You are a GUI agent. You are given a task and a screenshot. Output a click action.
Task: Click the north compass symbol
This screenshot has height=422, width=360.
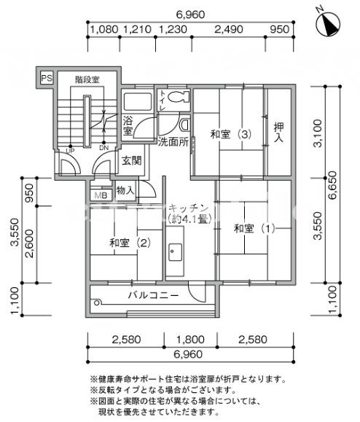(x=327, y=23)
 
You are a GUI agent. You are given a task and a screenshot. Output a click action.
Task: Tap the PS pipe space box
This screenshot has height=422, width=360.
(x=47, y=78)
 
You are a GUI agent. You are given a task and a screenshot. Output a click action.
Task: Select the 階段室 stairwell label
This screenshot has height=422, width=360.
(x=87, y=79)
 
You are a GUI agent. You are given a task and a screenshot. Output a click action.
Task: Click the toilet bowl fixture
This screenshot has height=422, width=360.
(x=179, y=97)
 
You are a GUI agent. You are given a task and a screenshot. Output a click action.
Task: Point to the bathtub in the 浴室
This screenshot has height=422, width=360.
(x=138, y=101)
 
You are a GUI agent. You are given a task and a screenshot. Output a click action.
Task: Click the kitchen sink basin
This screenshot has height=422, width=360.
(x=175, y=252)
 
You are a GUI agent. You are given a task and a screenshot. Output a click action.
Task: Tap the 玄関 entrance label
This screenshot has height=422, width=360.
(x=132, y=160)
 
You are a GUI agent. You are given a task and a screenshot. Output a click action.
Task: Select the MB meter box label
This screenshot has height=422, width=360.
(x=101, y=195)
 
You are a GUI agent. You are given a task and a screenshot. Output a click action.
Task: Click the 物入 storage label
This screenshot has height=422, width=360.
(x=125, y=190)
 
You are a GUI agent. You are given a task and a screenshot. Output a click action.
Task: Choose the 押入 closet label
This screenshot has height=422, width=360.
(x=278, y=132)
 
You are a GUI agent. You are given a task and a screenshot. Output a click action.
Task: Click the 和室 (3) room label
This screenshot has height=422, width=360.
(x=231, y=134)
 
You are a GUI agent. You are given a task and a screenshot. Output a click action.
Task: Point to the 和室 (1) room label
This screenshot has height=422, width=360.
(x=254, y=229)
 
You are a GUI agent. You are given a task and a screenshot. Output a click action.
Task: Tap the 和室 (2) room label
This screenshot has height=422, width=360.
(x=130, y=243)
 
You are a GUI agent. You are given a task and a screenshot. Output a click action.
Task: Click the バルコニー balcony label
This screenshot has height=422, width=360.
(x=153, y=295)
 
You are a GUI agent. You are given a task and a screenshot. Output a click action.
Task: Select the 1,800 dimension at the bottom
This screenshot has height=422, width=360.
(x=190, y=340)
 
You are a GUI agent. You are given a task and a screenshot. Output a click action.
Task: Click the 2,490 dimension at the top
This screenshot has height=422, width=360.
(x=229, y=29)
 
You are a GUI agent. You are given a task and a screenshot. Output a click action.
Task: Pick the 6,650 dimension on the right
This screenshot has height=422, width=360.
(x=332, y=185)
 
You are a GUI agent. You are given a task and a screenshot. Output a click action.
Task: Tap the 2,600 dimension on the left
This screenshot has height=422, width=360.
(x=29, y=243)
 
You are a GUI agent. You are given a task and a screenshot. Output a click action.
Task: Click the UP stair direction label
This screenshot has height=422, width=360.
(x=70, y=151)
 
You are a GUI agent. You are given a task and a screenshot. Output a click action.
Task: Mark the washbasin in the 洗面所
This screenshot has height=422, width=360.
(x=185, y=125)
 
